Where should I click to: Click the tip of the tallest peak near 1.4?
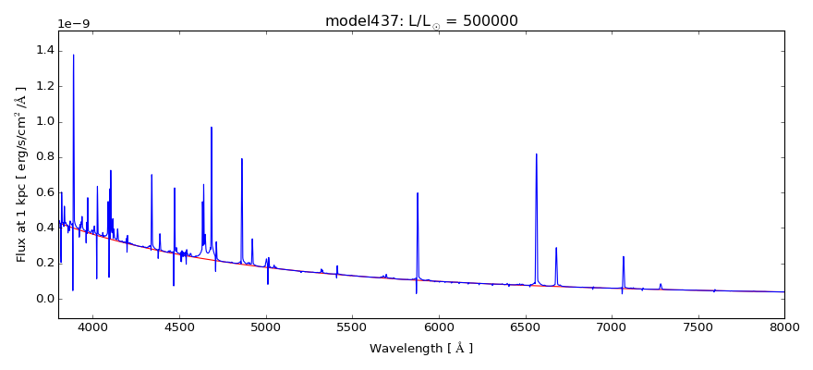coord(74,55)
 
